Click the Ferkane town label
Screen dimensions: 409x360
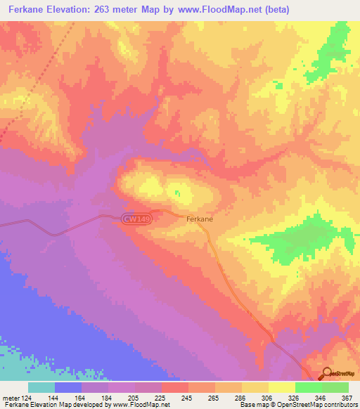tap(200, 219)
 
